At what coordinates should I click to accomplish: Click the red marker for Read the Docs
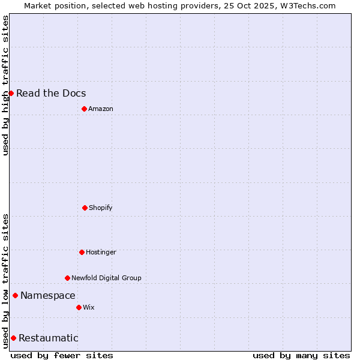11,93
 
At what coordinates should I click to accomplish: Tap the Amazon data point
84,109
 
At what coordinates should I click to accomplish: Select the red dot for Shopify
85,208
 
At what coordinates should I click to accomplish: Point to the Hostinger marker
82,252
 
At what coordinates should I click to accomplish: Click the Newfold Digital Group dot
67,278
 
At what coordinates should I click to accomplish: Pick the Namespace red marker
15,295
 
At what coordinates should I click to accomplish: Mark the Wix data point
79,307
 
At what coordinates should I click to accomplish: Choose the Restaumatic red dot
13,338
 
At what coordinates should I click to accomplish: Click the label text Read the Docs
51,93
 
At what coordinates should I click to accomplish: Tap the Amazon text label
101,109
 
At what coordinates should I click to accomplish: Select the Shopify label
101,208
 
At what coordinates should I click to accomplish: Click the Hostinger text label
101,252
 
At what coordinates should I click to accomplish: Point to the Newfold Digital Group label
106,278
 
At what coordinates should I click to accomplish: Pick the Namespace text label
48,295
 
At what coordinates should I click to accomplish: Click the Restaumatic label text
49,338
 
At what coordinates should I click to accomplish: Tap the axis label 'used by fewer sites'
62,355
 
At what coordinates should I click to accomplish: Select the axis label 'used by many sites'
301,355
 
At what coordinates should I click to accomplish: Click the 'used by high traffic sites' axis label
5,85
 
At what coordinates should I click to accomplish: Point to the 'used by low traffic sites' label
5,281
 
